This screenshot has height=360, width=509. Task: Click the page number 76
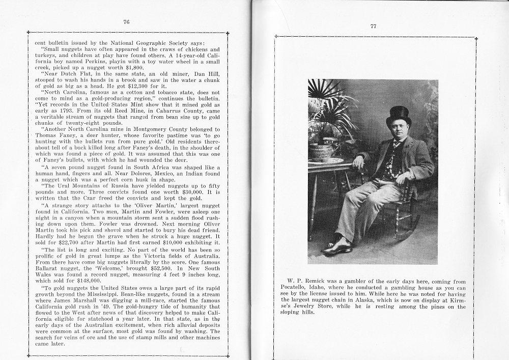pyautogui.click(x=126, y=22)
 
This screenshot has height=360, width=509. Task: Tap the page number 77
pyautogui.click(x=373, y=27)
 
